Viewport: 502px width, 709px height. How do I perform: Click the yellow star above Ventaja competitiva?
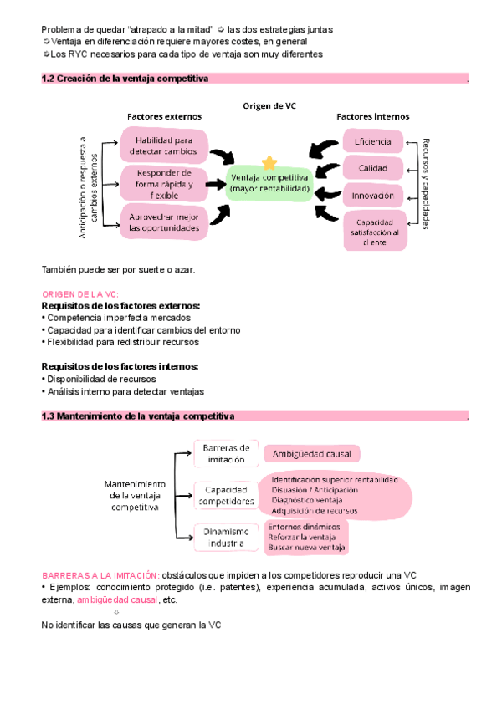[x=269, y=162]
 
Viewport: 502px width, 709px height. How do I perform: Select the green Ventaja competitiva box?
[x=269, y=183]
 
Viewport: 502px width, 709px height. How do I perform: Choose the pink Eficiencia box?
[x=373, y=141]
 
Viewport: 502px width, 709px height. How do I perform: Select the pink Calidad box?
[x=373, y=168]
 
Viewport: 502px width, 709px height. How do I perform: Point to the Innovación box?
[x=373, y=196]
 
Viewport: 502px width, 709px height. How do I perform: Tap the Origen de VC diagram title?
[x=269, y=106]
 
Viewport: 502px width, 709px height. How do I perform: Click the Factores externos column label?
[x=164, y=116]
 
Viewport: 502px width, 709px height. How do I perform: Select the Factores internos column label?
[x=373, y=116]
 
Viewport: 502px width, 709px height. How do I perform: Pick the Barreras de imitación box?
[x=225, y=453]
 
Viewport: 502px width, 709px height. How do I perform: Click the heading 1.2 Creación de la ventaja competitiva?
[x=125, y=79]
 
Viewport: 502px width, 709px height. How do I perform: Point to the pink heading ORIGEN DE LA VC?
[x=80, y=294]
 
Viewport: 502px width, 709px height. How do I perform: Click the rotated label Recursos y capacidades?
[x=426, y=183]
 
